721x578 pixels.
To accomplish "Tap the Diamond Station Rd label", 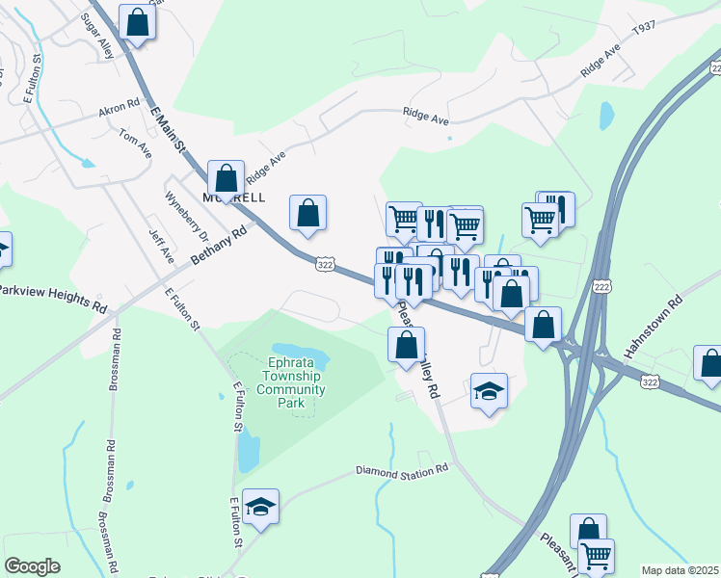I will (402, 471).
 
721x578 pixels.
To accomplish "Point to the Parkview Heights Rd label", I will (52, 297).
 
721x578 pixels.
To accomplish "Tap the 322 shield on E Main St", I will (325, 262).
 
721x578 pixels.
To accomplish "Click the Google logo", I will (32, 566).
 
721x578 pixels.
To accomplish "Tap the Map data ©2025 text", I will (680, 570).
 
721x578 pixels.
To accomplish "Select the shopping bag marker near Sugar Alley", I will (137, 21).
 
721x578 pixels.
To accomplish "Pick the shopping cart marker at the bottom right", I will (597, 555).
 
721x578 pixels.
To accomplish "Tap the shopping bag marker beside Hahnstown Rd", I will (710, 364).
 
